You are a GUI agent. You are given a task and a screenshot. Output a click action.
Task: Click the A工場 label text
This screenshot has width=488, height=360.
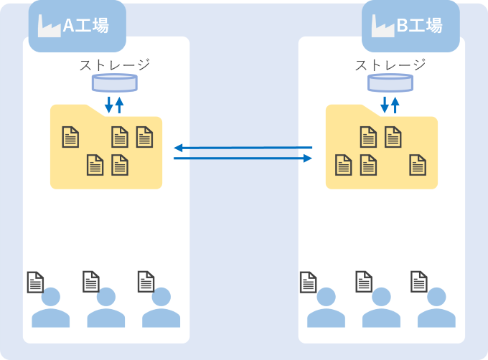[x=85, y=27]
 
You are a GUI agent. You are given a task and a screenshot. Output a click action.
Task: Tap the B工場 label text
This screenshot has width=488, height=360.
[x=419, y=27]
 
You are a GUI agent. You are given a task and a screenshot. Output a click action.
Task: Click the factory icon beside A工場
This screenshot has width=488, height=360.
[x=49, y=26]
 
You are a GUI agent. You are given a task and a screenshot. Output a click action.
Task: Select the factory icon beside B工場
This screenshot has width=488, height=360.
[x=383, y=26]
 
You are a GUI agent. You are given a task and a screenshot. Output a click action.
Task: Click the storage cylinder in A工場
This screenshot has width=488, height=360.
[x=114, y=82]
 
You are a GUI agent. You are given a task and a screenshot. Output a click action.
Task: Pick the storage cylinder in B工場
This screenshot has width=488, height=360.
[x=390, y=82]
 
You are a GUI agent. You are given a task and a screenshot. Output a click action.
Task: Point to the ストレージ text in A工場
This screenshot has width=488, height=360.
[x=114, y=65]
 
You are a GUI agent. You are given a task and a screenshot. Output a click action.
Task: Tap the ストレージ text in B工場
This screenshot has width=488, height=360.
[x=390, y=65]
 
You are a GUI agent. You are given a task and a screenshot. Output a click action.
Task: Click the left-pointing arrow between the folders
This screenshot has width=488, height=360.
[x=243, y=148]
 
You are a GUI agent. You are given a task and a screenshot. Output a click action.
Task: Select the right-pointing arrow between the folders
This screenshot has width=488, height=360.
[x=243, y=158]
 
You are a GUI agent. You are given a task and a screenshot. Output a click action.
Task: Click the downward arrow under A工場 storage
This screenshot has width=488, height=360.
[x=109, y=105]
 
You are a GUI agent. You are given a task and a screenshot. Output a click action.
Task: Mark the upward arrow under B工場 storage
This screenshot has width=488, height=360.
[x=395, y=105]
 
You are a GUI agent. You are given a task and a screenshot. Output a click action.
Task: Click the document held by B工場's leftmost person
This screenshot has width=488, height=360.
[x=309, y=282]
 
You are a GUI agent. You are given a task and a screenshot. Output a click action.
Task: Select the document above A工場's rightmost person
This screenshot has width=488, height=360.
[x=146, y=282]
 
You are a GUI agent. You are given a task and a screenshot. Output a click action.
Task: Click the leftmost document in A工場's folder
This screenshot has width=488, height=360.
[x=70, y=136]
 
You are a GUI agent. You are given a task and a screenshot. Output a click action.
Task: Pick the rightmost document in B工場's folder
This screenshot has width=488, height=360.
[x=418, y=165]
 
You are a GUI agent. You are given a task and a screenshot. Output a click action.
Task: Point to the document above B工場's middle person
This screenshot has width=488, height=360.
[x=364, y=282]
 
